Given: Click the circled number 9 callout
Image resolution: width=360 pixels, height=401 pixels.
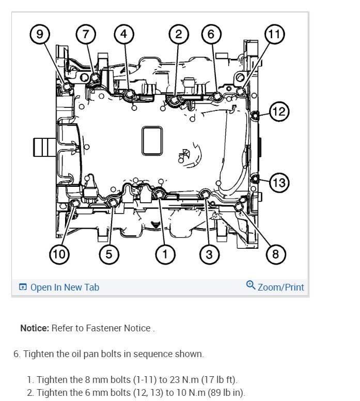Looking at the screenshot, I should (40, 35).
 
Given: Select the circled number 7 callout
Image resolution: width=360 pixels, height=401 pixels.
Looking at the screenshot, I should (86, 35).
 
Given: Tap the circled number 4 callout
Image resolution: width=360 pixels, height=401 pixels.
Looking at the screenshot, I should (123, 35).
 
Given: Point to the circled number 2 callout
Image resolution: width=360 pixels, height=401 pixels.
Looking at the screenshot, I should (178, 35).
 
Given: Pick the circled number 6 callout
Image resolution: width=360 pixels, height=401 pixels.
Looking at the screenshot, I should (211, 35).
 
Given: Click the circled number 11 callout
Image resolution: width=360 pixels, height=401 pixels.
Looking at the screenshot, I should (275, 35).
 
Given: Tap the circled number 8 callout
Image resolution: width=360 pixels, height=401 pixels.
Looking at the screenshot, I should (275, 253).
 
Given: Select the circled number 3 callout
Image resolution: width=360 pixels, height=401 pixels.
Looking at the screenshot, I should (209, 253).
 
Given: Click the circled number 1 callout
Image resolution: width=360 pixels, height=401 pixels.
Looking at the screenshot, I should (165, 253).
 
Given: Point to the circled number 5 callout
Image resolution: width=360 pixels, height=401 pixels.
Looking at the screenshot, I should (109, 253).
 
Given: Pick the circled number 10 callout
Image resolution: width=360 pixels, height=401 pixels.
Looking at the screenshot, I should (59, 253).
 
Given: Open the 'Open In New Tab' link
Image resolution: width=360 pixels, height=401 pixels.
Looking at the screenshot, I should (64, 287).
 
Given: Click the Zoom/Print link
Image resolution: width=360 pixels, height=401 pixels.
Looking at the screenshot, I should (280, 287).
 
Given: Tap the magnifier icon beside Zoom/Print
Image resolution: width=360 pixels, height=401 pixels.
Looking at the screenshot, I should (251, 285).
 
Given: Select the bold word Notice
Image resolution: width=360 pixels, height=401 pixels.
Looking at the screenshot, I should (35, 328).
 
